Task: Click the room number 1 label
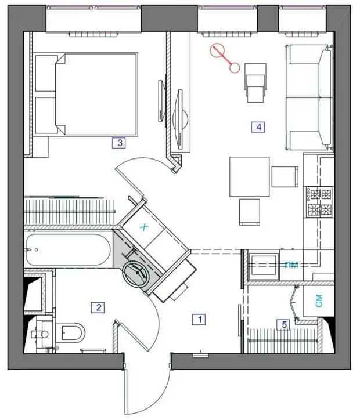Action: click(x=199, y=319)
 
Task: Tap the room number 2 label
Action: click(x=98, y=307)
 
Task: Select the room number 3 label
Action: click(x=119, y=143)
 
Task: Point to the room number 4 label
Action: click(x=258, y=127)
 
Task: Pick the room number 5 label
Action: click(x=284, y=325)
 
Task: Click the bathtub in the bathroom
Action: click(x=68, y=250)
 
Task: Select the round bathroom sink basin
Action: click(x=136, y=273)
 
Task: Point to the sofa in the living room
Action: click(x=309, y=97)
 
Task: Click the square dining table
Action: click(x=249, y=177)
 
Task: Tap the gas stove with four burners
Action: click(x=319, y=202)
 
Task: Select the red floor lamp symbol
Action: click(x=224, y=58)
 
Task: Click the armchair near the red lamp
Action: click(x=255, y=83)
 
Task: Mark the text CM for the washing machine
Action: click(x=319, y=301)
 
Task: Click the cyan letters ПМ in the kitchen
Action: click(x=291, y=265)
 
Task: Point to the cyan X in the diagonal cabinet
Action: click(x=144, y=227)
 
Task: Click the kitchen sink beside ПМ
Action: click(x=263, y=266)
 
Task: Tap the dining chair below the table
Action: click(x=249, y=212)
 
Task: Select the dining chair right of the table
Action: click(x=285, y=176)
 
